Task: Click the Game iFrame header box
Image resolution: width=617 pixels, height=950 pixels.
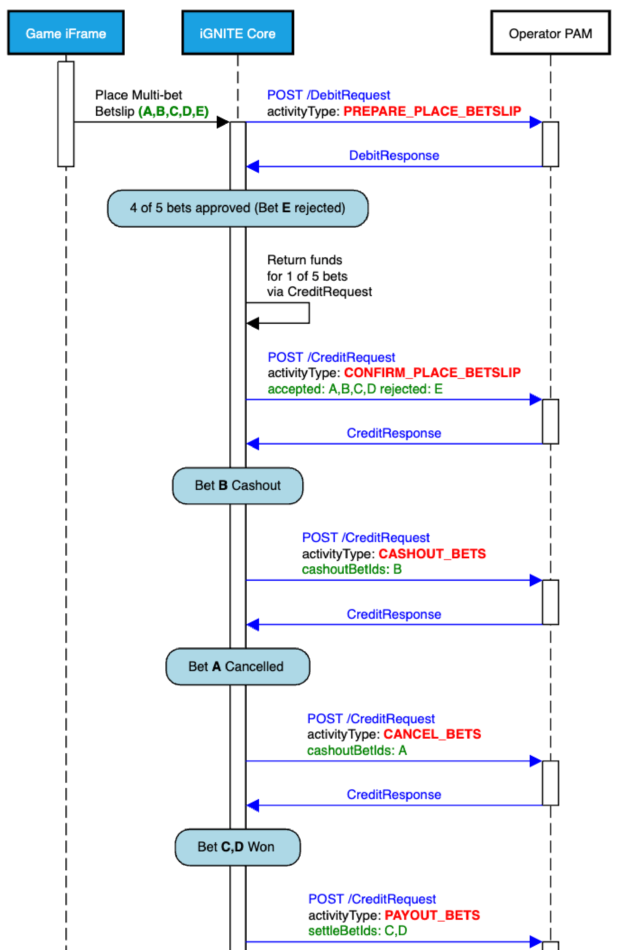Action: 66,33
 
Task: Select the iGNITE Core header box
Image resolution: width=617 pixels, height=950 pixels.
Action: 237,33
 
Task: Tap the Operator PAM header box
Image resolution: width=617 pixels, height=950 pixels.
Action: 550,33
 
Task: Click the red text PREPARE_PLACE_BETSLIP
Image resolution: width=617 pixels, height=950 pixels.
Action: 432,111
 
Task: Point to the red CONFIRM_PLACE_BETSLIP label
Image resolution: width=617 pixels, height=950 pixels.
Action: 432,372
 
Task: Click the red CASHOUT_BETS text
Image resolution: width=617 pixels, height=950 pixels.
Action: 432,554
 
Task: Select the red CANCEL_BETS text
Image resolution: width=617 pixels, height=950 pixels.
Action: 432,734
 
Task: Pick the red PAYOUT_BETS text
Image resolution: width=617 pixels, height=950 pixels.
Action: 432,915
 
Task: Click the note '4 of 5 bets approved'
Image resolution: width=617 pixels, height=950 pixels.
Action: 237,208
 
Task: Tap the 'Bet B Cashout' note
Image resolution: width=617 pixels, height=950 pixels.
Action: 237,486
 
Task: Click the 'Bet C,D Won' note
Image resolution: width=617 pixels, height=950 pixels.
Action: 237,847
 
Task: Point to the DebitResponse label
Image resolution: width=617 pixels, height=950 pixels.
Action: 394,155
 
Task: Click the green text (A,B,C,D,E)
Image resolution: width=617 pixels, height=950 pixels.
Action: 173,111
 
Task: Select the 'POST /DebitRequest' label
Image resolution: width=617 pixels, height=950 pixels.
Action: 328,95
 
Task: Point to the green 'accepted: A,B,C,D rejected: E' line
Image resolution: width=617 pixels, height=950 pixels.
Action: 355,389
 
